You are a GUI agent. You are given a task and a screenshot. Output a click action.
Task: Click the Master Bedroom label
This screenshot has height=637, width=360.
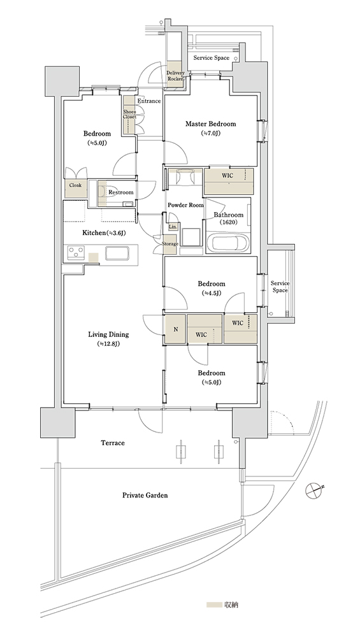[x=210, y=124]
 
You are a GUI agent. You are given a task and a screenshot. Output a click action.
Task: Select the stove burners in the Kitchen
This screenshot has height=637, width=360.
[x=75, y=253]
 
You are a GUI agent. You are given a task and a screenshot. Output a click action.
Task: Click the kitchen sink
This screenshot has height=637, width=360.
[x=118, y=253]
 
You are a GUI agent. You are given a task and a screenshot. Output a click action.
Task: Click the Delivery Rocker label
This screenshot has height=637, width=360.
[x=175, y=76]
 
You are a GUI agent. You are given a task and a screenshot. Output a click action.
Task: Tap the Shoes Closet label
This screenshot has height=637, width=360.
[x=129, y=114]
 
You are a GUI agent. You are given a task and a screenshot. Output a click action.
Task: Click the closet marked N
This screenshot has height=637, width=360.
[x=175, y=329]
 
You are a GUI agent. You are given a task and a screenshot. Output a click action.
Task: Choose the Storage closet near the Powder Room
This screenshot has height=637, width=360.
[x=170, y=244]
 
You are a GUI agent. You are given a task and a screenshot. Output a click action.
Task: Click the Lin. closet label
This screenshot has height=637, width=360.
[x=172, y=227]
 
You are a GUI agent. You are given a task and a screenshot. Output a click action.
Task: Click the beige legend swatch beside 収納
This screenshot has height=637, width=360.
[x=213, y=605]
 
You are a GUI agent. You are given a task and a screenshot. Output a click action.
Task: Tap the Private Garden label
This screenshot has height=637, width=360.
[x=145, y=496]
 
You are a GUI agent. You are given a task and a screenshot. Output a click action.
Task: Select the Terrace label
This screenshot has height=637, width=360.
[x=113, y=443]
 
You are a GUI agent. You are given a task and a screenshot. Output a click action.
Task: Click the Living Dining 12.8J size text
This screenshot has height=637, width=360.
[x=108, y=344]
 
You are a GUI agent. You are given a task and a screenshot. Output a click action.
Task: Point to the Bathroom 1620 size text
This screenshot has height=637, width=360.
[x=229, y=222]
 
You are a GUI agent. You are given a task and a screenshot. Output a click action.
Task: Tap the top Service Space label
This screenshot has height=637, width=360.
[x=212, y=58]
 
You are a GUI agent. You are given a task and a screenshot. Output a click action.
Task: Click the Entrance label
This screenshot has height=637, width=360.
[x=148, y=101]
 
